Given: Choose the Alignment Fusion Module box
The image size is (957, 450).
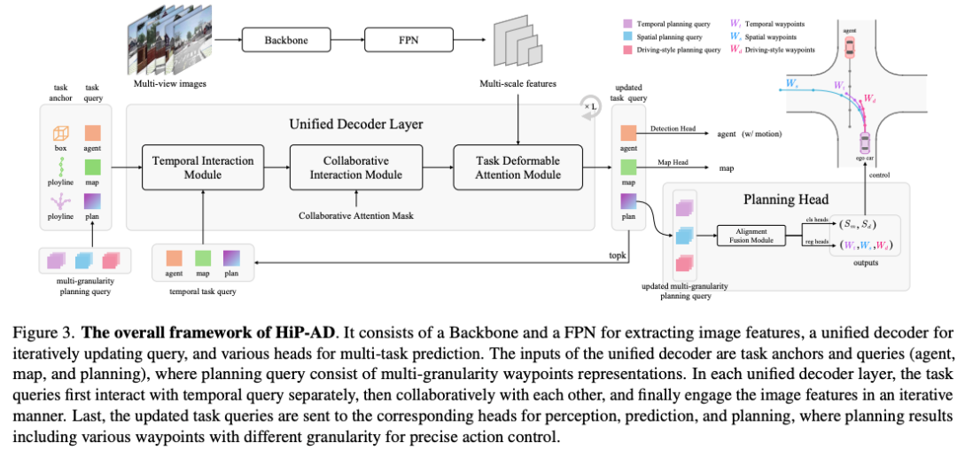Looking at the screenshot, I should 751,235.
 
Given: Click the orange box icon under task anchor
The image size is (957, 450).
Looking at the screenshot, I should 61,134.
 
